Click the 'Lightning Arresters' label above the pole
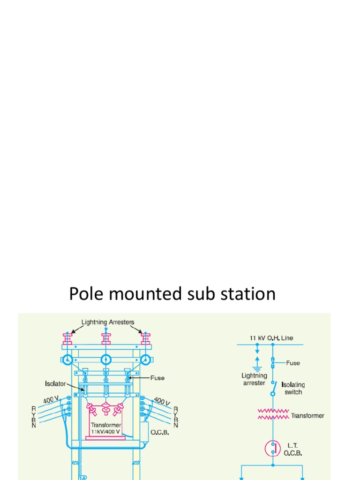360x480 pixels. tap(108, 322)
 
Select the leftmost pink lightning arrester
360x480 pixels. tap(67, 338)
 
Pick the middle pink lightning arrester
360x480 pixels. tap(106, 338)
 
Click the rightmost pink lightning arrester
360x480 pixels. tap(145, 338)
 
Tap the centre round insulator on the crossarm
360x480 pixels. tap(106, 360)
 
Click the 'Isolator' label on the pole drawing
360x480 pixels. tap(55, 384)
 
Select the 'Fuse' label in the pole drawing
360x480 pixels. tap(157, 377)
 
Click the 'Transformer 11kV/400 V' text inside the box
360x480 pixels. tap(106, 428)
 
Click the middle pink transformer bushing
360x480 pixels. tap(106, 409)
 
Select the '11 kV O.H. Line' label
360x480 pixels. tap(271, 338)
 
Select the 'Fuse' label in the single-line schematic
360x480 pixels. tap(292, 363)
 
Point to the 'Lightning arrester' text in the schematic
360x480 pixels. tap(254, 379)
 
